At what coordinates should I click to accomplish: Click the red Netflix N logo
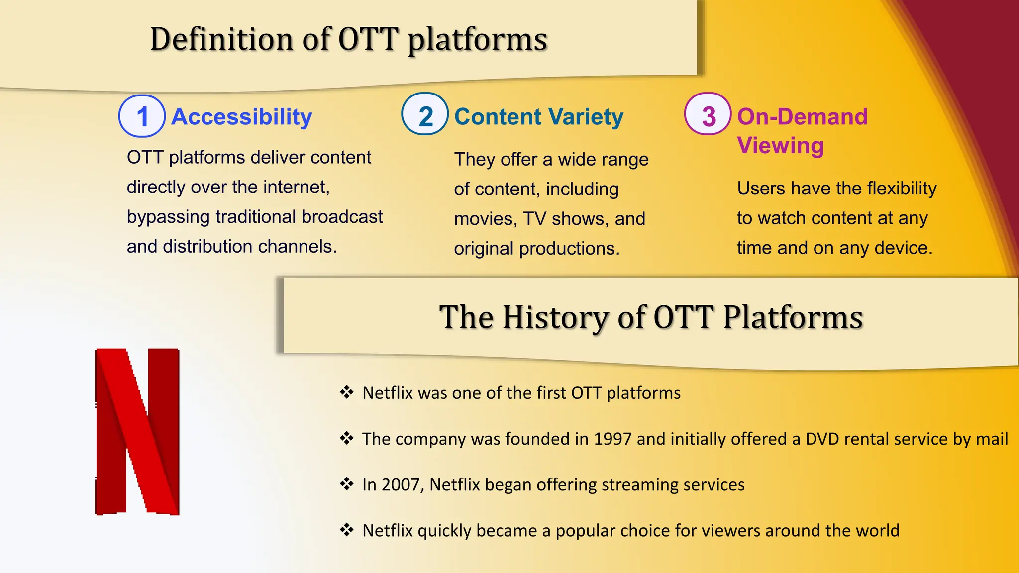(137, 432)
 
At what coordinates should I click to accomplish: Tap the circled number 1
(142, 116)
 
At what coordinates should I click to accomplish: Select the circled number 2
(425, 114)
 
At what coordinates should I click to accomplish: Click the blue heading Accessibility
(242, 117)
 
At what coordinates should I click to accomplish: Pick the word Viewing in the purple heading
(781, 146)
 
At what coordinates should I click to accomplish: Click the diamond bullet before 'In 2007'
(347, 483)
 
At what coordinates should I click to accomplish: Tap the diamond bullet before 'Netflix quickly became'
(347, 529)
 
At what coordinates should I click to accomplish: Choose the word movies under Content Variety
(486, 219)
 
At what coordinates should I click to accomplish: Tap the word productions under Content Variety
(569, 249)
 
